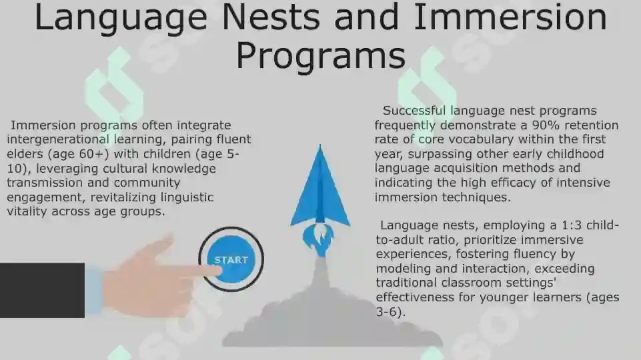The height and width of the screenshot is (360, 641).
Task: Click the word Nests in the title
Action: click(271, 17)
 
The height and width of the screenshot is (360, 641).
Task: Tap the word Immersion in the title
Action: click(510, 17)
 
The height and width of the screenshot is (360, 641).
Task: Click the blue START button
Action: click(231, 259)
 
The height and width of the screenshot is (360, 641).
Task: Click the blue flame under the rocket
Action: click(318, 240)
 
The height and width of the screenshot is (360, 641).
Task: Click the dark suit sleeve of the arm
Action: click(42, 290)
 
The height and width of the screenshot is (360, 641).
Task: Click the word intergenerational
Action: click(58, 140)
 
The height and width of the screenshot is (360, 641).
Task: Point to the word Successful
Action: click(414, 111)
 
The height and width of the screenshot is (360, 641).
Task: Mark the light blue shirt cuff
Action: click(94, 291)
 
